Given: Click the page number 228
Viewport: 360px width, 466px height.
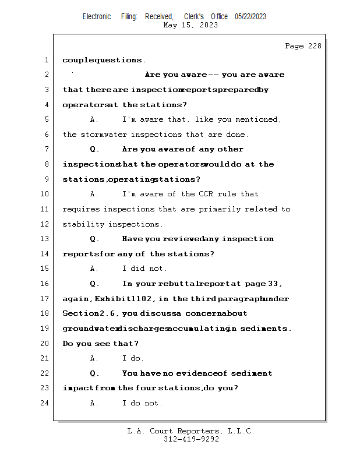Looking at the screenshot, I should click(315, 47).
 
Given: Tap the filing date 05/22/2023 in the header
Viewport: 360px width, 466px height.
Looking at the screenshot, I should click(250, 17).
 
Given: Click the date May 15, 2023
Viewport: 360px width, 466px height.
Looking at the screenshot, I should click(191, 25).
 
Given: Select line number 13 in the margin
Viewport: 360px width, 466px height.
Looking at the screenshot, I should click(45, 239).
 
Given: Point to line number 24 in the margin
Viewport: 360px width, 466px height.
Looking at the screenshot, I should click(45, 403).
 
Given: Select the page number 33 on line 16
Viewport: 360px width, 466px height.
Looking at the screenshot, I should click(274, 284).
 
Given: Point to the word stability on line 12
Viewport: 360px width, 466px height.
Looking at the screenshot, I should click(83, 224).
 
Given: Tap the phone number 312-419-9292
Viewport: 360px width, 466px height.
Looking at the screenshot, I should click(191, 439).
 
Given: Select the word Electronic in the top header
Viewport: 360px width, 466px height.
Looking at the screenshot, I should click(97, 17).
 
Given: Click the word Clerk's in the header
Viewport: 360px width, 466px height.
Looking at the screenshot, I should click(194, 17).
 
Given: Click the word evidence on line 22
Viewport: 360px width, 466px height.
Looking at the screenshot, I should click(196, 373).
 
